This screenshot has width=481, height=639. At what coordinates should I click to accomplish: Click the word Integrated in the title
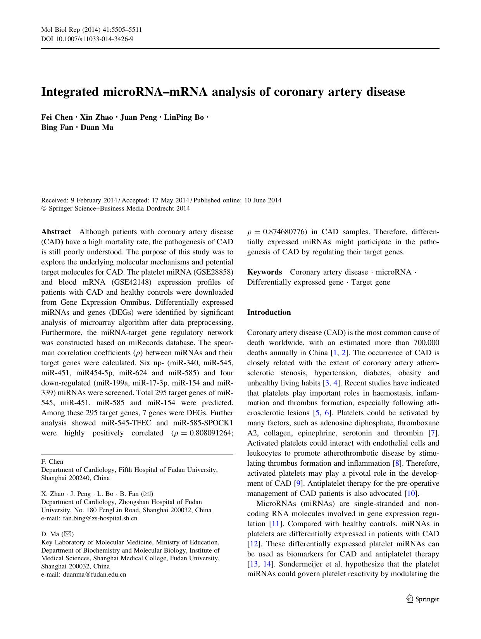tap(69, 92)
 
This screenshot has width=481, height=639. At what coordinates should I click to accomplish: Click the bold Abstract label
tap(56, 232)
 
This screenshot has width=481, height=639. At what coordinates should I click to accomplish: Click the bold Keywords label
tap(264, 272)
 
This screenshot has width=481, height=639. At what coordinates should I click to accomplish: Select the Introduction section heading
tap(269, 313)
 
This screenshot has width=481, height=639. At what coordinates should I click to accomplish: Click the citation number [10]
tap(411, 494)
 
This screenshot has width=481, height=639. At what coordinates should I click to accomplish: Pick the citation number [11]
tap(275, 524)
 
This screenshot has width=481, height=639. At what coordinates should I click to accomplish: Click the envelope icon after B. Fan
tap(147, 494)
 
